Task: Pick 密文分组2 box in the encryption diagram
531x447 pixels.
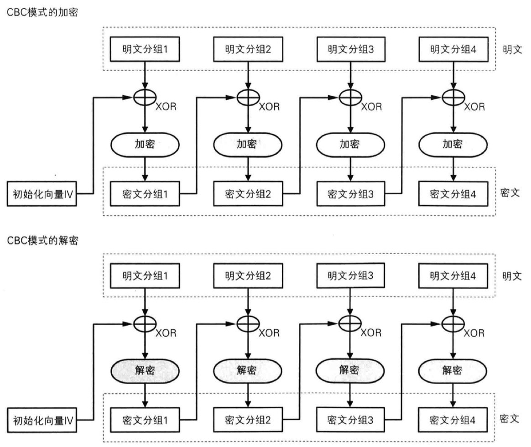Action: click(x=248, y=194)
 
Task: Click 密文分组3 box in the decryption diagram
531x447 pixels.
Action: click(x=350, y=420)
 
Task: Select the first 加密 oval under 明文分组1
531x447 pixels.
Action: click(x=145, y=145)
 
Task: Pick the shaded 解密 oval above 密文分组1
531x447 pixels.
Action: click(x=145, y=369)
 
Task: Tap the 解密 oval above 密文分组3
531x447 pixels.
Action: click(x=350, y=369)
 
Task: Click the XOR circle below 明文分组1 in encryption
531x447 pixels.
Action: click(x=145, y=97)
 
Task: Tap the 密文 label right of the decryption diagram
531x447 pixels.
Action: click(x=510, y=419)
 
